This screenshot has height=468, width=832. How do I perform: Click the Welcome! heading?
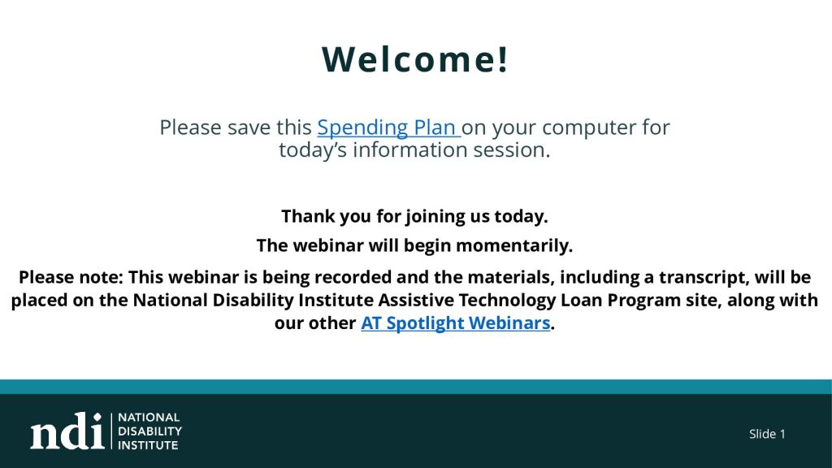point(414,58)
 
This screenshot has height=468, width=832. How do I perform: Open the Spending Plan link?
point(388,128)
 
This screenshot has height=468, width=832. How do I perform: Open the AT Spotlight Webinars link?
point(455,323)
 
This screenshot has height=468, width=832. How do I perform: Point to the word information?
point(410,150)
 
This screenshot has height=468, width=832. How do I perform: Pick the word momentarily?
point(514,245)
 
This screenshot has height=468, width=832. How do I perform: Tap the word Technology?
point(507,301)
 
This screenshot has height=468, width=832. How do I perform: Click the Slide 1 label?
point(767,434)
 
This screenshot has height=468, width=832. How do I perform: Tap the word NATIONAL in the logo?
point(149,418)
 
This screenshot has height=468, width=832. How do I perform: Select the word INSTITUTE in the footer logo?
point(148,445)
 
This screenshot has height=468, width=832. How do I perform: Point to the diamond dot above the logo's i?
point(97,417)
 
